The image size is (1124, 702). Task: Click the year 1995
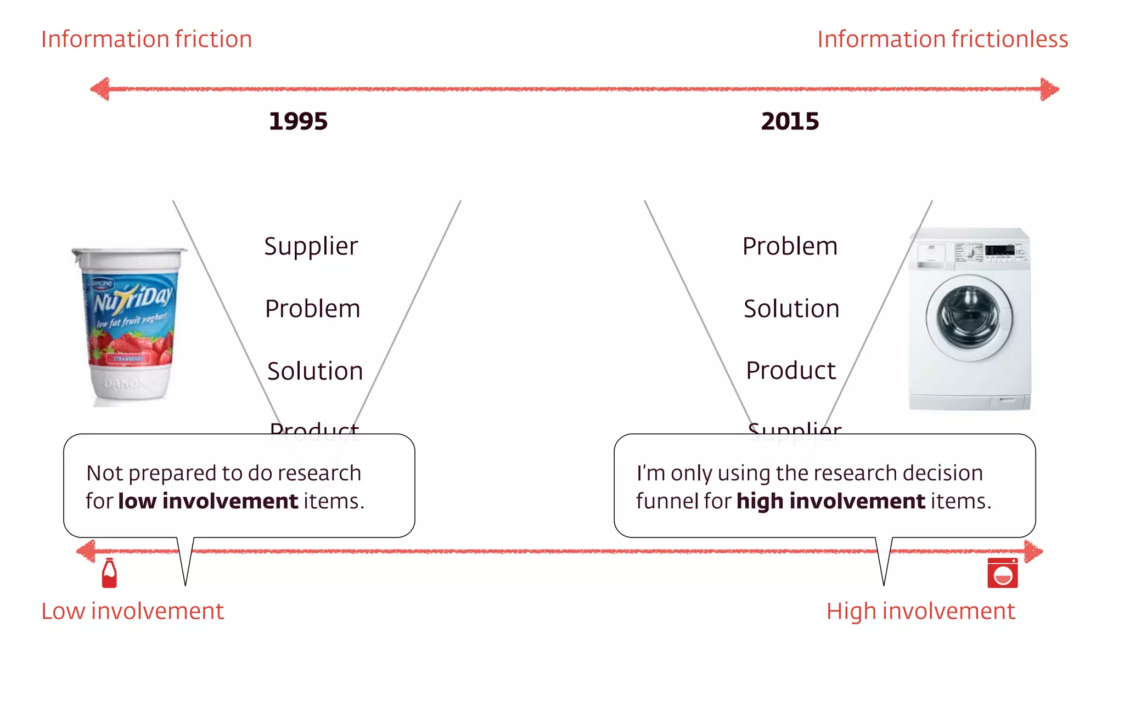[x=298, y=121]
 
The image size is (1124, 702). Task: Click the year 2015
[x=790, y=121]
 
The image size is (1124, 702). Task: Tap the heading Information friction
[x=147, y=39]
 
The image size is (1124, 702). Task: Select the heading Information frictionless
[x=942, y=39]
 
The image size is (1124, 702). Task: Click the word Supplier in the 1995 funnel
[x=311, y=246]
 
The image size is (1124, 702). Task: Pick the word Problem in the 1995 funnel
[x=312, y=309]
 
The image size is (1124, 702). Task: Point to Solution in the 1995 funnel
[x=315, y=371]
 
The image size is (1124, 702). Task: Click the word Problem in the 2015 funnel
[x=790, y=246]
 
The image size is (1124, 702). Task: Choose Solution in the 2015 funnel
[x=791, y=309]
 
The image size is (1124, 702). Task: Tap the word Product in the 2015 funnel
[x=791, y=371]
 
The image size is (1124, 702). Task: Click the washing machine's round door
[x=970, y=318]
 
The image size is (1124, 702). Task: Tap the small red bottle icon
[x=109, y=573]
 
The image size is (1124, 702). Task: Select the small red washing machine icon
[x=1002, y=573]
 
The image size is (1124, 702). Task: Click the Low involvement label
[x=132, y=611]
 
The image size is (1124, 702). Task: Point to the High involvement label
[x=920, y=611]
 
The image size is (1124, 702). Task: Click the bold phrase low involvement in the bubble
[x=208, y=501]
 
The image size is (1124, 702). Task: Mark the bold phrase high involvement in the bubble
[x=830, y=501]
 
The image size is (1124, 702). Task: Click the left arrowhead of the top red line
[x=100, y=89]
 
